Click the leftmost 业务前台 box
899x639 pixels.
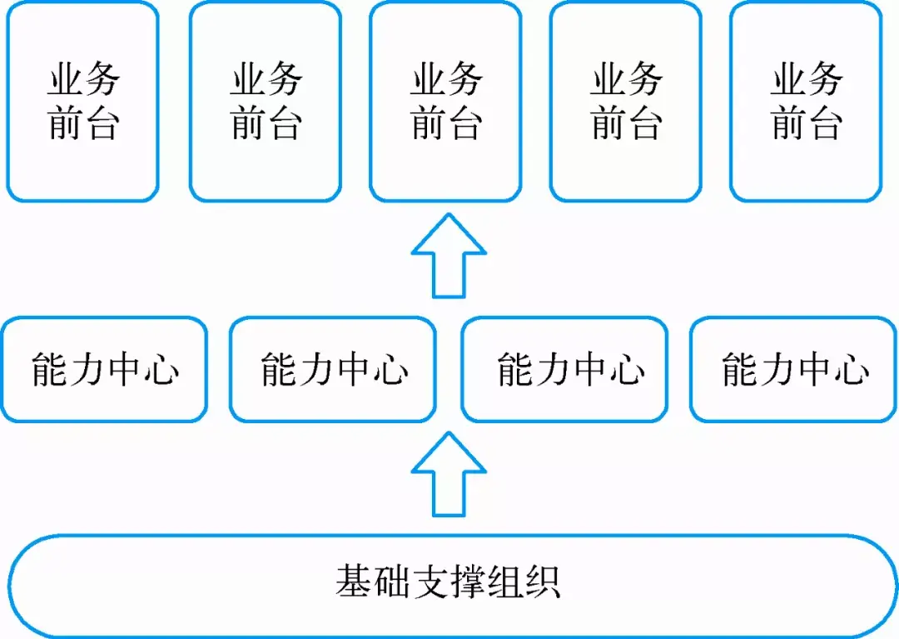[x=82, y=102]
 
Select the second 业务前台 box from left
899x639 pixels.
[x=265, y=102]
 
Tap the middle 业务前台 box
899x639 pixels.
[x=445, y=102]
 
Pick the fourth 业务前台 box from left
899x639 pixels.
[x=626, y=102]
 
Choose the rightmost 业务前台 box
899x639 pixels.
[x=806, y=102]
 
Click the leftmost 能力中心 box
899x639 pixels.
[x=105, y=369]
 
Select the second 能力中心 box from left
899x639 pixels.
[x=333, y=369]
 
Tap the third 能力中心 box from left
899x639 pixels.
[x=564, y=369]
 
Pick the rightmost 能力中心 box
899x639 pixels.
[x=794, y=369]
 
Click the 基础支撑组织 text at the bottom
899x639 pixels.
[x=449, y=581]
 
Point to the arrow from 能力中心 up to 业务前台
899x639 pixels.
[x=449, y=256]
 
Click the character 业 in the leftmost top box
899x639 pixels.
[x=65, y=81]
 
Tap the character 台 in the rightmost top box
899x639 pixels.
[x=825, y=124]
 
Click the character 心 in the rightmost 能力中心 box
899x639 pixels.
[x=851, y=369]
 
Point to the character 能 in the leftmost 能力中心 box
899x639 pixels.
[x=49, y=369]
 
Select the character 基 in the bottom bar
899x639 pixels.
[x=354, y=581]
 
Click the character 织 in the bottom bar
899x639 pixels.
[x=543, y=581]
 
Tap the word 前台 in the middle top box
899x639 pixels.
[x=446, y=124]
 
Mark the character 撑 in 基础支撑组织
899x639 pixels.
[x=468, y=581]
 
